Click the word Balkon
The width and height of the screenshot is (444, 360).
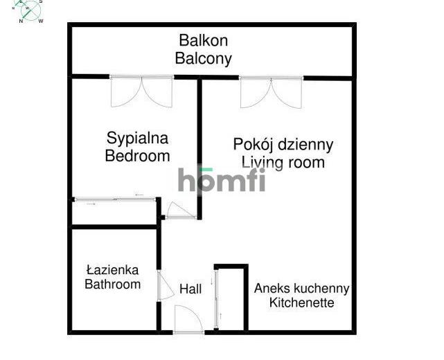(204, 40)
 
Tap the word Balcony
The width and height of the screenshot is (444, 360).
(204, 59)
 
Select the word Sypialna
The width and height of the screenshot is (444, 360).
(137, 138)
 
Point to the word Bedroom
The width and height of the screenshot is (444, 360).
(137, 156)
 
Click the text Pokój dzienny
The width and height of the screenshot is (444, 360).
(283, 145)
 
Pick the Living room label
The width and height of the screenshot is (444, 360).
(283, 163)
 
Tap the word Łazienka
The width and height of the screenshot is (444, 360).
(112, 270)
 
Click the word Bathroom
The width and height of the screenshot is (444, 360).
(112, 284)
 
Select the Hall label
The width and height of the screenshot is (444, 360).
(190, 289)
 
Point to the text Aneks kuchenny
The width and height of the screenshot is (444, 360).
(301, 289)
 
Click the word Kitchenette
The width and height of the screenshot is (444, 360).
(301, 303)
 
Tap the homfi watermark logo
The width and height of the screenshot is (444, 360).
(222, 180)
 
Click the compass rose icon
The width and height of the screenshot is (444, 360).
(28, 11)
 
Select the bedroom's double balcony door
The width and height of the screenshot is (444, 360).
(141, 91)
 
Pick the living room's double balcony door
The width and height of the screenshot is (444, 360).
(272, 92)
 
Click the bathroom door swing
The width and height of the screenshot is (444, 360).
(166, 285)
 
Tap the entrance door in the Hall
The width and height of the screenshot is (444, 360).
(188, 319)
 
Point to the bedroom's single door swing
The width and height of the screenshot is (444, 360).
(181, 210)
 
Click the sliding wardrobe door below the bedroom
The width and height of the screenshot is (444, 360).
(115, 199)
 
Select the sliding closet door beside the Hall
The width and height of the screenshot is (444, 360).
(217, 299)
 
